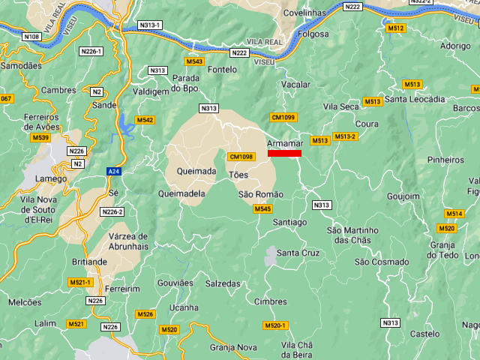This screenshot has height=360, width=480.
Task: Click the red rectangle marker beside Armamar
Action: pyautogui.click(x=284, y=154)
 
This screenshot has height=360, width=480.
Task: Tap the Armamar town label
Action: pyautogui.click(x=285, y=143)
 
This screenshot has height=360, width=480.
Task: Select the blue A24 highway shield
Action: pyautogui.click(x=112, y=171)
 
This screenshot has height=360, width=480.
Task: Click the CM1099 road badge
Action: pyautogui.click(x=283, y=118)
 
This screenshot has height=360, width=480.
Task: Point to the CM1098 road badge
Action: pyautogui.click(x=241, y=157)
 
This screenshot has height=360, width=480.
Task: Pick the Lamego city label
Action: pyautogui.click(x=52, y=179)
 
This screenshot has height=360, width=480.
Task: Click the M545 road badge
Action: pyautogui.click(x=262, y=208)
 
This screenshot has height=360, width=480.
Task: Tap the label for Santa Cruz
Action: pyautogui.click(x=298, y=253)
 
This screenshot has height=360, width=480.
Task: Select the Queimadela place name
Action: pyautogui.click(x=182, y=193)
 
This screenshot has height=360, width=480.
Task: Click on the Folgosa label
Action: pyautogui.click(x=313, y=34)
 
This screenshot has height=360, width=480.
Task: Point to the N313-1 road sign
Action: pyautogui.click(x=150, y=25)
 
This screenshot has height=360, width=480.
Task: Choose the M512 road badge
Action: pyautogui.click(x=396, y=28)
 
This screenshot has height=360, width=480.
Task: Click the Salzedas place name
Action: pyautogui.click(x=223, y=284)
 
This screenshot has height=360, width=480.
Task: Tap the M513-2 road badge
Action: pyautogui.click(x=345, y=136)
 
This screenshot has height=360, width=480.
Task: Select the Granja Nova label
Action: pyautogui.click(x=233, y=347)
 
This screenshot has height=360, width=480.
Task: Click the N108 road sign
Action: pyautogui.click(x=31, y=37)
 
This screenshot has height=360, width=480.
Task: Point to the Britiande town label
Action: pyautogui.click(x=91, y=262)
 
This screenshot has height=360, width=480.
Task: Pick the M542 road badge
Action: pyautogui.click(x=145, y=120)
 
